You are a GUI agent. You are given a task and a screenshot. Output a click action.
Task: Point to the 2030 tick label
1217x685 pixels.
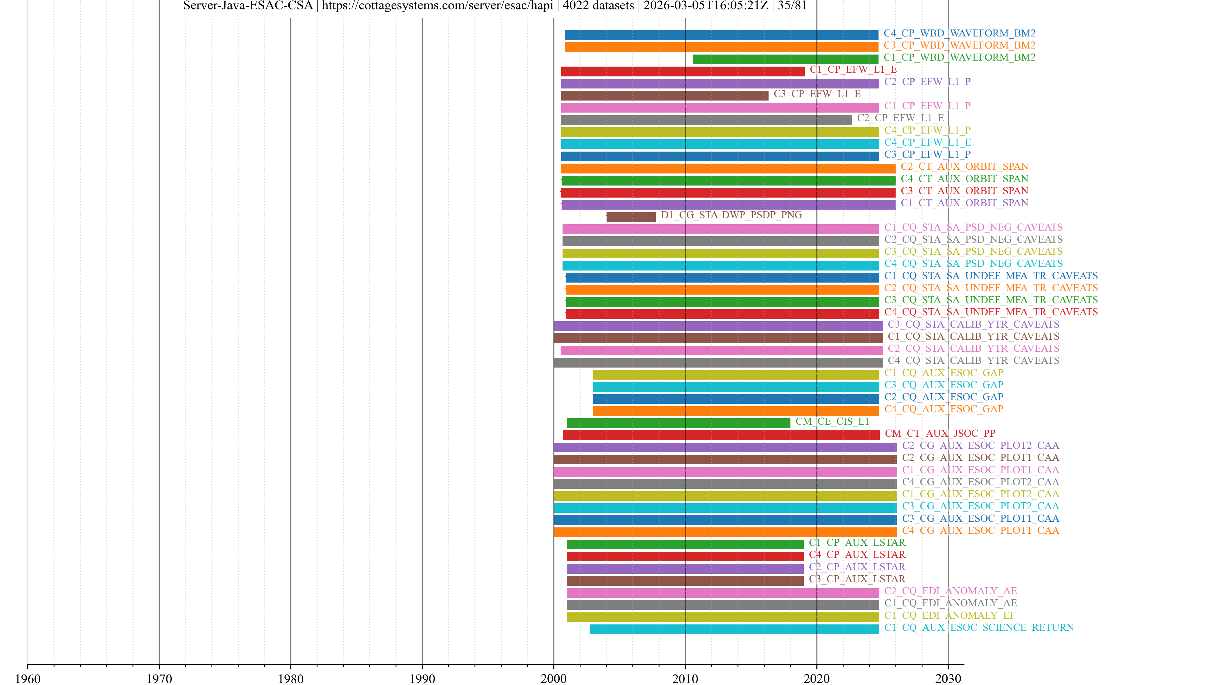(x=948, y=678)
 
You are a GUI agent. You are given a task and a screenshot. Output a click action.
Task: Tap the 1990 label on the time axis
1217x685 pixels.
(x=422, y=678)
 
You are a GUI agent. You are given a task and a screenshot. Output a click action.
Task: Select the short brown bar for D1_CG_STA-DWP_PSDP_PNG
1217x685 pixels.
(x=631, y=217)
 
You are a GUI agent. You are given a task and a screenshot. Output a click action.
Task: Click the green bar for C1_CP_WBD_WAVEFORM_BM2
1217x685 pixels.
(x=785, y=59)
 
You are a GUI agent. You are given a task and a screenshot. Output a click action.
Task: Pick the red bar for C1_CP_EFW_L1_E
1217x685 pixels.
(x=682, y=71)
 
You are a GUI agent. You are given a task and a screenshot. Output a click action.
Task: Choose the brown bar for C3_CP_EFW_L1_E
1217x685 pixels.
(x=664, y=95)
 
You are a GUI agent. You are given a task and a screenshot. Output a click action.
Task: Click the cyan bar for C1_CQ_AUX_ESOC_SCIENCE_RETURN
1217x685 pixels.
(x=734, y=629)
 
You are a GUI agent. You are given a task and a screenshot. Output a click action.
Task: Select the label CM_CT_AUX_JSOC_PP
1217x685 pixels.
(x=940, y=434)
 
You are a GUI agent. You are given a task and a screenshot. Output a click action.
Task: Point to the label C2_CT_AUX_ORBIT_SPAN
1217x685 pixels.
(x=964, y=166)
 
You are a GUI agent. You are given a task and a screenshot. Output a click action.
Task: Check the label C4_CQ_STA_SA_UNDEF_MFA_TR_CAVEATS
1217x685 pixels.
(x=991, y=312)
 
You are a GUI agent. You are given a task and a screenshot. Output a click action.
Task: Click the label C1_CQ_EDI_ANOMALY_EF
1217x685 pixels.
(x=950, y=616)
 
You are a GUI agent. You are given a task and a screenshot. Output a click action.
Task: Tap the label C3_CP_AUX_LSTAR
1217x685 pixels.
(x=857, y=579)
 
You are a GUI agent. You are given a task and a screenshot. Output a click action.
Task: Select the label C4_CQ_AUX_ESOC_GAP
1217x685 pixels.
(x=943, y=409)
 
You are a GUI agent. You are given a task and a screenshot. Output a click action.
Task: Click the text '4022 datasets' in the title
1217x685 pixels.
(x=598, y=6)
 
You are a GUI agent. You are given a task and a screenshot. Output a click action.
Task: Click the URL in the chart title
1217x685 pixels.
(x=437, y=6)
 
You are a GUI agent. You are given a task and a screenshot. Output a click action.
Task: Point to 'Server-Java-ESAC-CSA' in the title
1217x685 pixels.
(x=248, y=6)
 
